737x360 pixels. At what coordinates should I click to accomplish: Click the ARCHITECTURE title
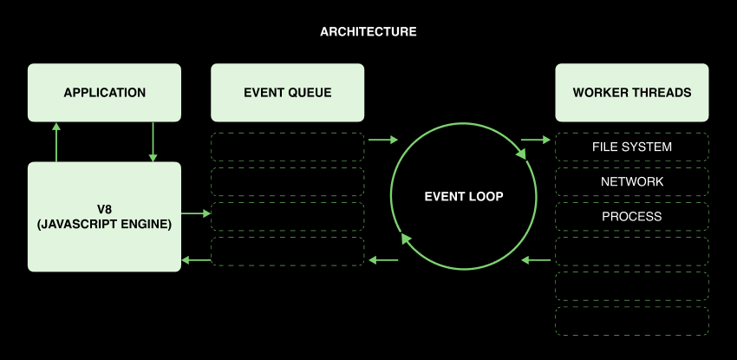pos(368,32)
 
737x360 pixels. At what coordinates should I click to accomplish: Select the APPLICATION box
pos(104,92)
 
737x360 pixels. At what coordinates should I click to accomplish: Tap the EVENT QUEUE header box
pos(287,92)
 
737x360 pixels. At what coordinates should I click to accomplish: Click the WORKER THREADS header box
pos(631,92)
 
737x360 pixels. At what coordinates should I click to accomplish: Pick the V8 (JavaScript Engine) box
pos(104,216)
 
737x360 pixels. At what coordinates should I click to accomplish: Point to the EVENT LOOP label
pos(464,197)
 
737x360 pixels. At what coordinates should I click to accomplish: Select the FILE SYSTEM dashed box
pos(631,147)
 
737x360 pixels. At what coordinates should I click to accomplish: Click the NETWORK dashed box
pos(631,181)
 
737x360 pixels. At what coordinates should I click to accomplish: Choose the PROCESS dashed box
pos(631,216)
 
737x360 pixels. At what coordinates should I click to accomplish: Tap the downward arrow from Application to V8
pos(153,141)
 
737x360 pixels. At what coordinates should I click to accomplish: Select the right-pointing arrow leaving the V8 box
pos(196,213)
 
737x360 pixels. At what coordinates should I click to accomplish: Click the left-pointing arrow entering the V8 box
pos(196,259)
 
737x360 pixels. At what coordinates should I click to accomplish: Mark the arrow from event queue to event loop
pos(382,139)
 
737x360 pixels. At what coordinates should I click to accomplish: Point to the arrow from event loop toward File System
pos(535,139)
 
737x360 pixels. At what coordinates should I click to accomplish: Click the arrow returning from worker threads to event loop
pos(537,259)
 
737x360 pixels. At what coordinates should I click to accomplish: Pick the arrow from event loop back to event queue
pos(384,259)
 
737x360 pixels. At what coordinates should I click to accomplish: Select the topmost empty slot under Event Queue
pos(287,147)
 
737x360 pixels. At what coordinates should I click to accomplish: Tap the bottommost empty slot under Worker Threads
pos(631,320)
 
